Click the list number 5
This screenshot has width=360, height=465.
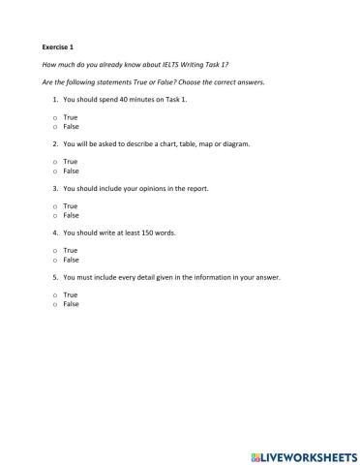(x=54, y=277)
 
